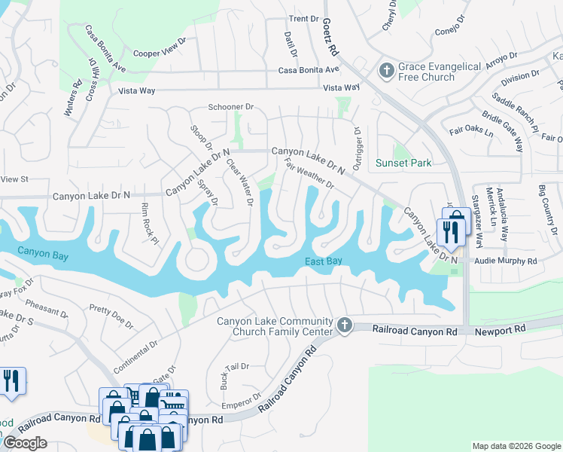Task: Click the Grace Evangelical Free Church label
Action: tap(440, 72)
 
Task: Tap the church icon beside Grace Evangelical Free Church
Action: tap(386, 72)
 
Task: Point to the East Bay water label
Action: tap(324, 261)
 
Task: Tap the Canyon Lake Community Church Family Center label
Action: tap(275, 326)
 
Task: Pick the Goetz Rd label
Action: tap(332, 41)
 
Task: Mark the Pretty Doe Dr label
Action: tap(111, 317)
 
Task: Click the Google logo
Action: tap(24, 443)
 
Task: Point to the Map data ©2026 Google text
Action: tap(516, 446)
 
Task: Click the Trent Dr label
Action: tap(304, 18)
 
